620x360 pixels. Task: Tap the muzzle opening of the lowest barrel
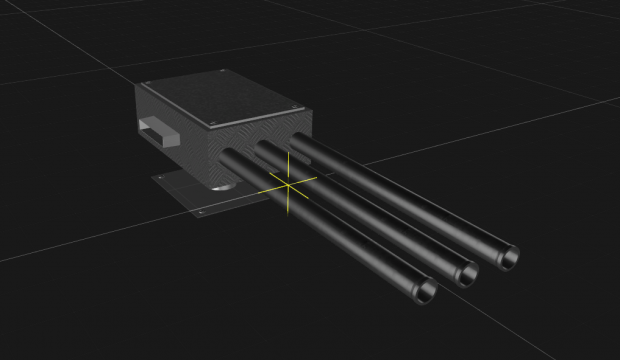click(426, 292)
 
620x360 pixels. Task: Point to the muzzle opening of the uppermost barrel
click(508, 256)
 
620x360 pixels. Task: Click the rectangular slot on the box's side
click(159, 130)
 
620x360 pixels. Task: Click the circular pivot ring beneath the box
click(221, 187)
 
